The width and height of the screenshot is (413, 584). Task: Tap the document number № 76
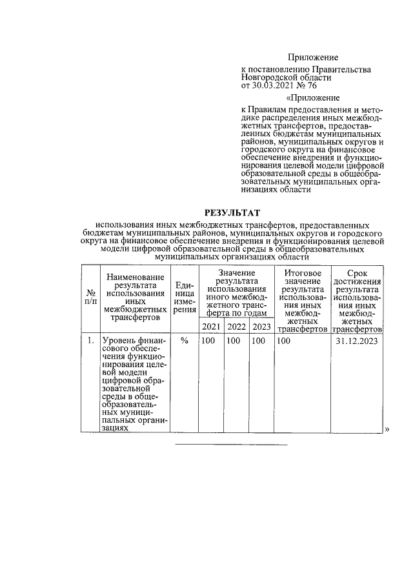(x=306, y=85)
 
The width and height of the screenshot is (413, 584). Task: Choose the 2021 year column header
(x=211, y=327)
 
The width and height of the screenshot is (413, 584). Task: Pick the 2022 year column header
(x=236, y=327)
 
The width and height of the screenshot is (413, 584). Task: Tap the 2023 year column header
(x=261, y=327)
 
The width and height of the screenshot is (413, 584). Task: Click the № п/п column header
(x=91, y=297)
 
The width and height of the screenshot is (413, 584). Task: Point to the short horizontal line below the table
(x=232, y=445)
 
